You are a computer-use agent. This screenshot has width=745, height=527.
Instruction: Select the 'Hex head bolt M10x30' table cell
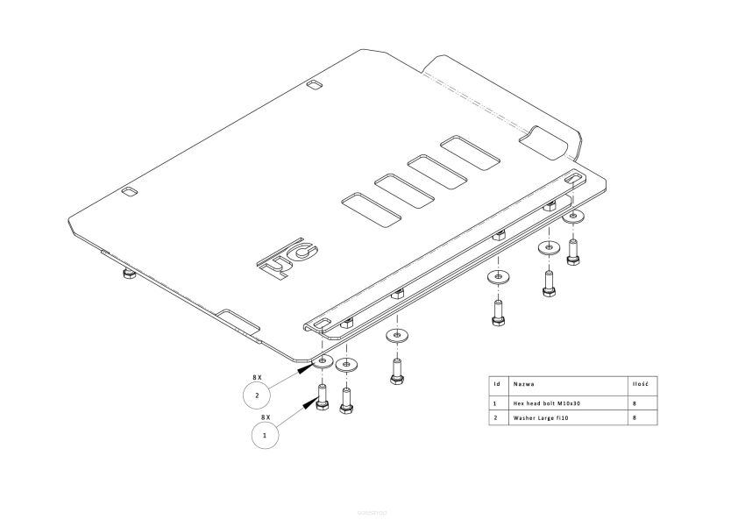pyautogui.click(x=549, y=402)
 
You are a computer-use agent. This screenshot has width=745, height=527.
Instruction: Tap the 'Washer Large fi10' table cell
pyautogui.click(x=543, y=417)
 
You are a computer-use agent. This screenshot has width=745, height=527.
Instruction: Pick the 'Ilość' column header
pyautogui.click(x=640, y=384)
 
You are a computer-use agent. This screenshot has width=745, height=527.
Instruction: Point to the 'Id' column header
pyautogui.click(x=496, y=384)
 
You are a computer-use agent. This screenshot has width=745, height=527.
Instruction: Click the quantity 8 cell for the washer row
pyautogui.click(x=634, y=417)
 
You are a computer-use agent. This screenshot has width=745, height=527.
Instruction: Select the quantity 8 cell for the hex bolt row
pyautogui.click(x=634, y=402)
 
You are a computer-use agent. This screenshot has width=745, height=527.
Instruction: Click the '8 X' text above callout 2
pyautogui.click(x=257, y=376)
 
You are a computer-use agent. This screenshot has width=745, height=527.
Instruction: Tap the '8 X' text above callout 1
pyautogui.click(x=266, y=417)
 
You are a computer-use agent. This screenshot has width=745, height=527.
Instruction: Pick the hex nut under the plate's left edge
pyautogui.click(x=128, y=274)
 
